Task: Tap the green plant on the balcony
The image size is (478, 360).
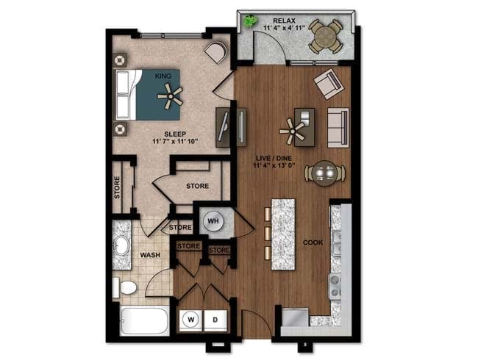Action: click(x=252, y=21)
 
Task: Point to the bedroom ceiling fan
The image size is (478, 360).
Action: click(x=171, y=95)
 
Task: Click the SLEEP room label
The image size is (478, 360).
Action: click(x=170, y=134)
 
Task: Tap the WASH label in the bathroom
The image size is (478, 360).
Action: click(x=151, y=256)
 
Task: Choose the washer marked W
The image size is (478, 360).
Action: click(x=190, y=320)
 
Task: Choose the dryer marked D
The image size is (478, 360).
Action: click(x=215, y=320)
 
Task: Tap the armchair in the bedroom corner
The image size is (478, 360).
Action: click(x=215, y=52)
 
